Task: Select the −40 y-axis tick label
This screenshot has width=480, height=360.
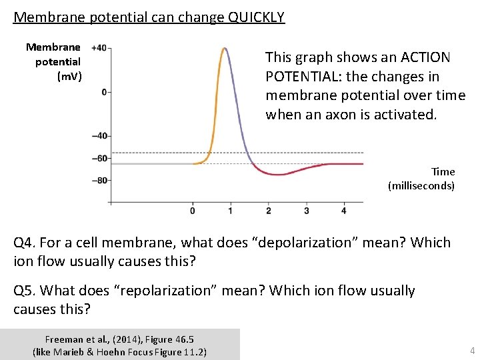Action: point(101,136)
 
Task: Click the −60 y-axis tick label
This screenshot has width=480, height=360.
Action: point(101,158)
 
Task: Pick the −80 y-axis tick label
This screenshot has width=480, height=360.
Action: point(101,181)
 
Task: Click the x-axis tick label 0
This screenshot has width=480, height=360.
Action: point(193,211)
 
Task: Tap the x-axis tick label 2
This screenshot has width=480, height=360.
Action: point(268,211)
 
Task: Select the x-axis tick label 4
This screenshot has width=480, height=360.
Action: point(343,211)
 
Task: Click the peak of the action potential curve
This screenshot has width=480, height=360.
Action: point(225,48)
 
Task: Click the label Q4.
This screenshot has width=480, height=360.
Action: point(25,243)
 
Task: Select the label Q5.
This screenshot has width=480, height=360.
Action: point(25,291)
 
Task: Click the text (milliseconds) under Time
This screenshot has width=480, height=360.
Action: point(421,185)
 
